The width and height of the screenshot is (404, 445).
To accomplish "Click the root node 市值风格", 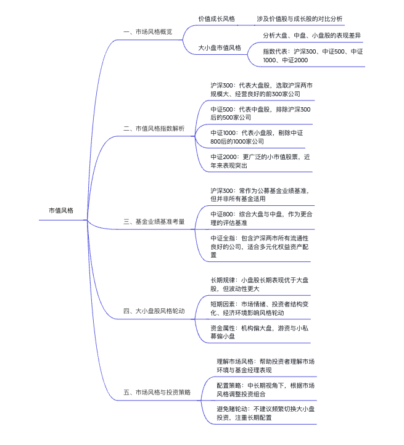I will point(61,210).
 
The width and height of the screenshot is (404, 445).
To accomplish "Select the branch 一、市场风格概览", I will point(147,31).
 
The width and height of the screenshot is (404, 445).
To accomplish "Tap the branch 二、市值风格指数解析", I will point(154,128).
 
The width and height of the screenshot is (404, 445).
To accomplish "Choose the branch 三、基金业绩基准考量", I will point(154,221).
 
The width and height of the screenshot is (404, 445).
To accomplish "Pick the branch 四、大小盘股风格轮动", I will point(154,311).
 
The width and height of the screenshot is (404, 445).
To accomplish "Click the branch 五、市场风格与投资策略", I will point(157,391).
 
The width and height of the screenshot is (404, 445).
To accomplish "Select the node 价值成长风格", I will point(216,18).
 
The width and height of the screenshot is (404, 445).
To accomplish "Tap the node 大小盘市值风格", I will point(220,47).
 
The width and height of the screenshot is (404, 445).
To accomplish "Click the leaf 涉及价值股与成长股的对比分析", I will point(300,18).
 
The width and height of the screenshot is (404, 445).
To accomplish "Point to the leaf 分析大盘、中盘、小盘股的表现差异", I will point(311,35).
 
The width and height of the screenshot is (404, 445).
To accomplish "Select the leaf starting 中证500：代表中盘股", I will point(260,113).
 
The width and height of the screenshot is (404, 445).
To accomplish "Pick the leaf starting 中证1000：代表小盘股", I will point(259,137).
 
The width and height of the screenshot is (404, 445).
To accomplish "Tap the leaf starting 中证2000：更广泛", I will point(259,161).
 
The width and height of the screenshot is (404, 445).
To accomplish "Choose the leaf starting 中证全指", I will point(259,245).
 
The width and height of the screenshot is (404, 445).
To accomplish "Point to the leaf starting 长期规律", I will point(259,284).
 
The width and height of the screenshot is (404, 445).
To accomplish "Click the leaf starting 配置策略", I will point(265,389).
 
